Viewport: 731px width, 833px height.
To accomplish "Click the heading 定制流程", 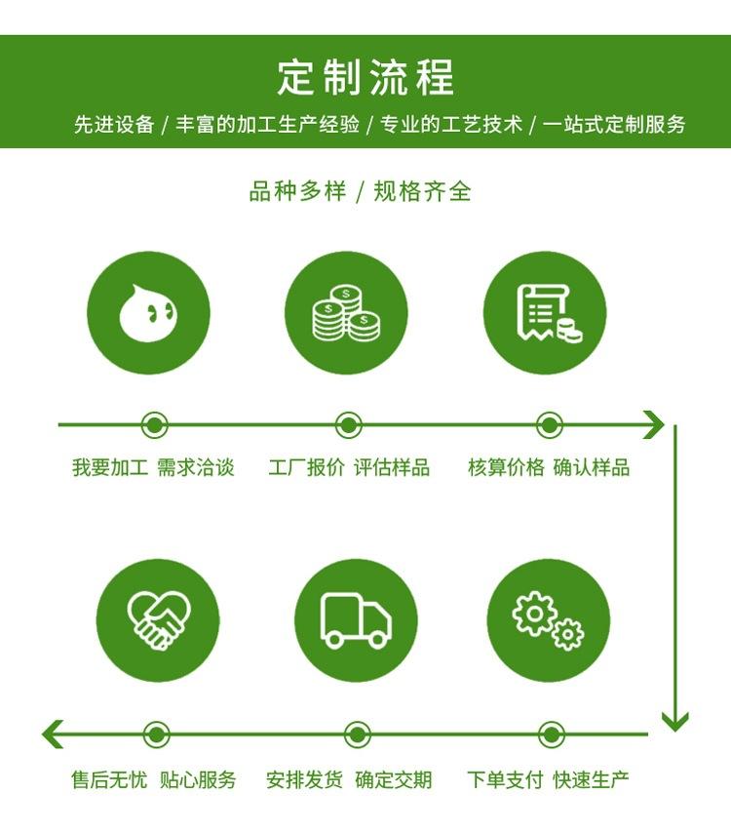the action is (365, 78).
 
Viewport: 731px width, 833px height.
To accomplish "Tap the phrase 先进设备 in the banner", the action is (114, 125).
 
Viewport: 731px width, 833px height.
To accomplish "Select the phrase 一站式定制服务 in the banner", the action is (614, 125).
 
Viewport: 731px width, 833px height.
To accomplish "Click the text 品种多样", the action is (297, 191).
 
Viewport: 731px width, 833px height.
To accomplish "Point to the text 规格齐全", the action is (423, 191).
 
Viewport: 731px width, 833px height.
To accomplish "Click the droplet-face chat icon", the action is (148, 312).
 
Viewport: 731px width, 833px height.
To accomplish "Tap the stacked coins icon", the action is (346, 313).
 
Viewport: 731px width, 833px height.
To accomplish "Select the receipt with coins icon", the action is (549, 313).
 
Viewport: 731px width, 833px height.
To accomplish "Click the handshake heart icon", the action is (158, 620).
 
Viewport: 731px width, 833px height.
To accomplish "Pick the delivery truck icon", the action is (356, 620).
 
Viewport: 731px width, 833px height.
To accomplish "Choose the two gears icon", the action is (548, 620).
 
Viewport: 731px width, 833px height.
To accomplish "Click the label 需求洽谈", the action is (195, 468).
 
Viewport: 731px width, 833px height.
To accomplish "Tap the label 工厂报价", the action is (306, 468).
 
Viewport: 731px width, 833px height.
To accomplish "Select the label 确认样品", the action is (592, 468).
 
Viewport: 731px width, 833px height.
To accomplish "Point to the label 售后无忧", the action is (109, 780).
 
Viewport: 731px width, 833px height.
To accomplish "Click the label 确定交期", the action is (394, 780).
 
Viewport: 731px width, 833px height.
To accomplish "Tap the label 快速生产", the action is (591, 780).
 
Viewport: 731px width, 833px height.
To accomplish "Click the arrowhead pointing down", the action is (675, 722).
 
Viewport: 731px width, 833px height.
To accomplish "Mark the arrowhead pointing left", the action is (53, 734).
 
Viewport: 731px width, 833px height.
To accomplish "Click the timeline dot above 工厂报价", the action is (349, 425).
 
